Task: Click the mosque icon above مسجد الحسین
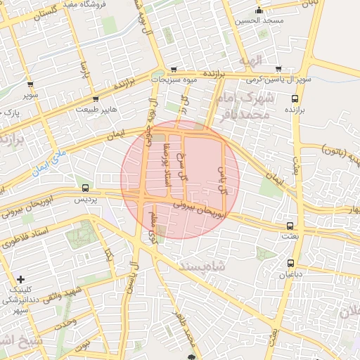tap(259, 11)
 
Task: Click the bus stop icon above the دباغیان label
tap(290, 264)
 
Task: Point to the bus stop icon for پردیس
tap(86, 188)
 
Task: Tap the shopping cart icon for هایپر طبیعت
tap(96, 99)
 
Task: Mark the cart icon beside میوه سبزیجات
tap(173, 70)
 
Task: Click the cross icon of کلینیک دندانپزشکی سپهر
tap(20, 280)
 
